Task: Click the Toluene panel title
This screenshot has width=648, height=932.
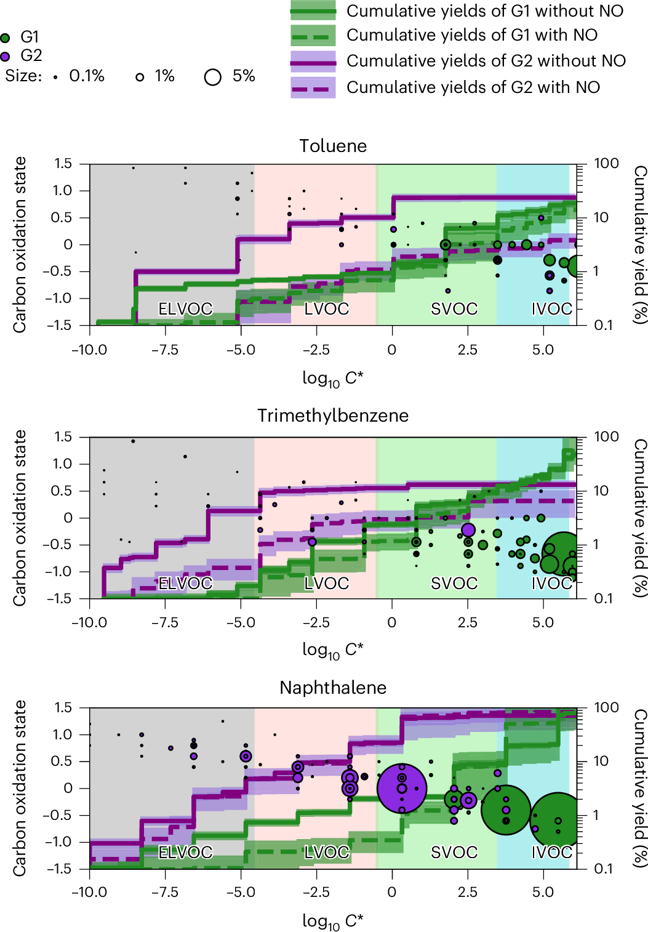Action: click(333, 146)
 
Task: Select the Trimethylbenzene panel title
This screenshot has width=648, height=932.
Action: click(333, 416)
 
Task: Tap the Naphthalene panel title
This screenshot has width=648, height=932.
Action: click(333, 688)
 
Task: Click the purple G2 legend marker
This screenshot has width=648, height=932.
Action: click(6, 56)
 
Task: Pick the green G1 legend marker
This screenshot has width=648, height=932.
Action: click(6, 38)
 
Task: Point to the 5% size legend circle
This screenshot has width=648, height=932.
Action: click(213, 77)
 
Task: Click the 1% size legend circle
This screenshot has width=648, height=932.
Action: click(140, 77)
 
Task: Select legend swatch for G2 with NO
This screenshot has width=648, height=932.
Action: click(313, 87)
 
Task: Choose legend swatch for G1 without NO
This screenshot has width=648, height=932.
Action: click(313, 11)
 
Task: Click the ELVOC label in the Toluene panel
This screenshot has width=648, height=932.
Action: click(185, 309)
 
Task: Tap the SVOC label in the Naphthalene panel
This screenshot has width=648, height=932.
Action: click(454, 853)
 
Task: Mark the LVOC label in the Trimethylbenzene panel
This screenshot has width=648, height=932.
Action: click(327, 583)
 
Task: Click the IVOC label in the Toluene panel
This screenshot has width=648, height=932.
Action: click(552, 309)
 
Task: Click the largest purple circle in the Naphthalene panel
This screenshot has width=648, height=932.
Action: click(402, 789)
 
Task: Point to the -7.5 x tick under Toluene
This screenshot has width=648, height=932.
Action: click(165, 350)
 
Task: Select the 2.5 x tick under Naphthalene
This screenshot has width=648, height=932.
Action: click(468, 893)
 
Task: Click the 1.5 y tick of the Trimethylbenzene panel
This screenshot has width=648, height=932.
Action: click(63, 437)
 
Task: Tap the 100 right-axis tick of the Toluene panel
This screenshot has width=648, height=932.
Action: click(606, 164)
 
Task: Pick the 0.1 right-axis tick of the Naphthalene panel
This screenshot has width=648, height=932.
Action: click(606, 869)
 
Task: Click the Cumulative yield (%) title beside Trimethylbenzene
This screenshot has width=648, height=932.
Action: click(640, 518)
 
